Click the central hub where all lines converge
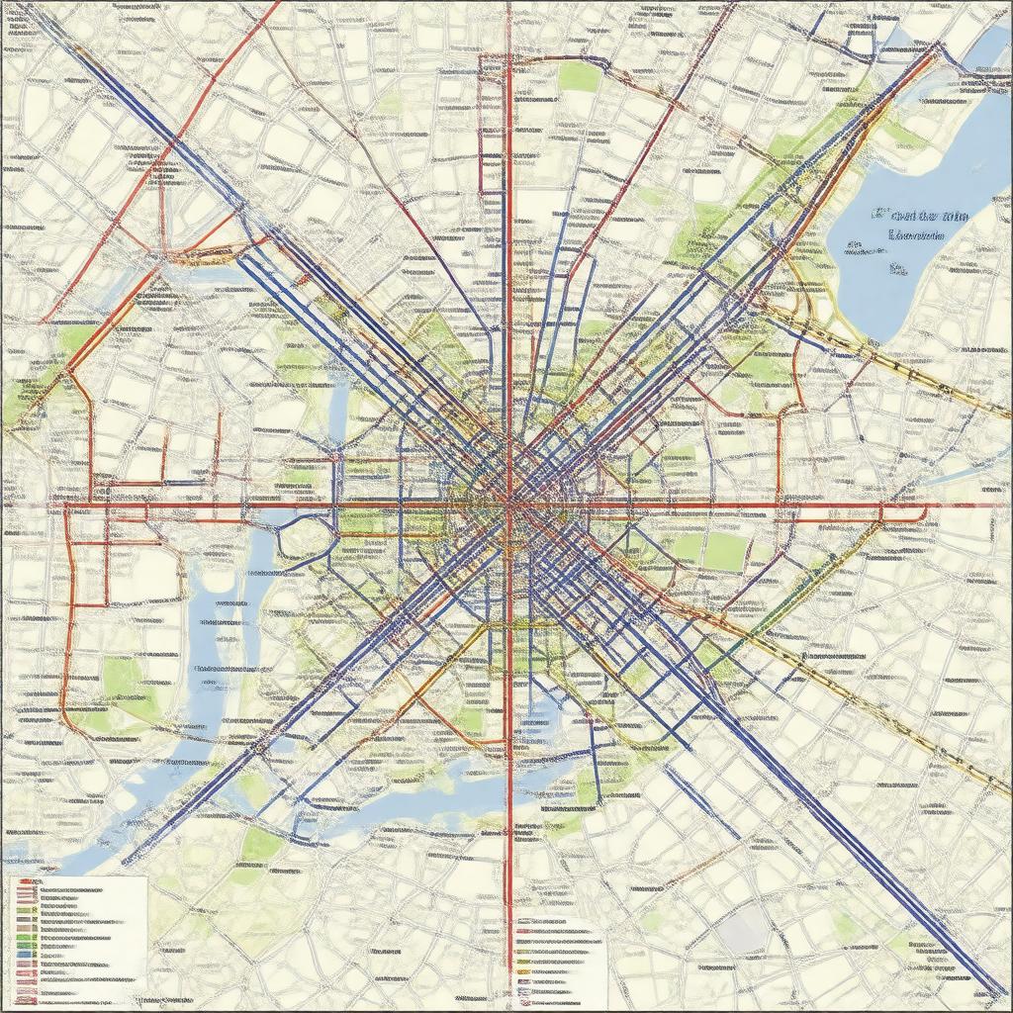508,505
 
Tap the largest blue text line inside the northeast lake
919,216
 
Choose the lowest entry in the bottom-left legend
59,997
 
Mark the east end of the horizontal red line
935,506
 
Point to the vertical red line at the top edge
508,5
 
